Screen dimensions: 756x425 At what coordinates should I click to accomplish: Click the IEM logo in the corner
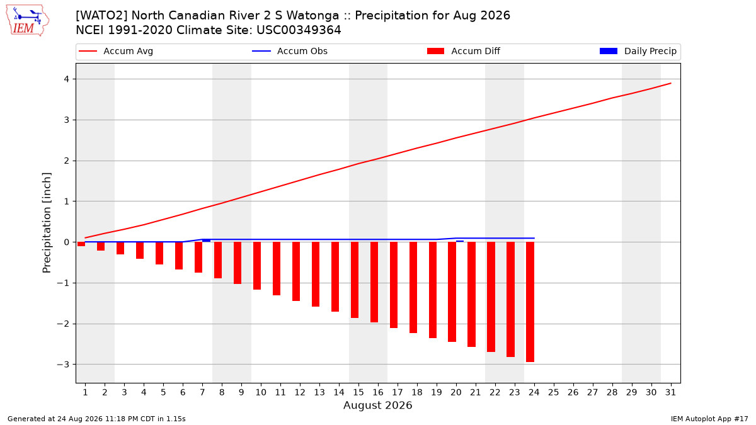(x=28, y=21)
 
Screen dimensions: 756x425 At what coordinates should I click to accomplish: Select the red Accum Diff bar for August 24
(x=530, y=302)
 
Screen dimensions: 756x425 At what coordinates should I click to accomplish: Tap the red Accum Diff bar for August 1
(x=81, y=244)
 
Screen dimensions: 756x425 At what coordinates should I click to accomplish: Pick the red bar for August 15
(x=354, y=280)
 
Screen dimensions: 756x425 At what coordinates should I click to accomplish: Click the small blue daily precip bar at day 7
(x=206, y=241)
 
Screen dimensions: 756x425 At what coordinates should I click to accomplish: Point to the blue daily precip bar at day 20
(x=460, y=241)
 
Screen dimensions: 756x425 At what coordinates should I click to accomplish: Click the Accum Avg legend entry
(x=116, y=51)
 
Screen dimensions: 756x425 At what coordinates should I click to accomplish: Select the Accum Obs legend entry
(x=290, y=51)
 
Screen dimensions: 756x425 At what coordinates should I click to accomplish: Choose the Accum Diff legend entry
(x=464, y=51)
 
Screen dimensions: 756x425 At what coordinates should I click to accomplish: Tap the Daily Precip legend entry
(x=638, y=51)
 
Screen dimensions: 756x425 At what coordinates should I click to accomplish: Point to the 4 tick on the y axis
(x=67, y=79)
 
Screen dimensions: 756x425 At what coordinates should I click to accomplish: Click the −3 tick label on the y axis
(x=63, y=365)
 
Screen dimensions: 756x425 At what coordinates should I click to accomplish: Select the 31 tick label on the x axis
(x=670, y=392)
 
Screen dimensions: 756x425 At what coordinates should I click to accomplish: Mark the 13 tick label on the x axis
(x=319, y=392)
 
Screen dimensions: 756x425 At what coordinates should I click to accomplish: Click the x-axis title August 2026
(x=377, y=405)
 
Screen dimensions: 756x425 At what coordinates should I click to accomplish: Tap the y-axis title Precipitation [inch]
(x=47, y=223)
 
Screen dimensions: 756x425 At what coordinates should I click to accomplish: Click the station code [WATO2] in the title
(x=101, y=16)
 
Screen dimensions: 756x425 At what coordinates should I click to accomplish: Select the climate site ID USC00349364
(x=299, y=30)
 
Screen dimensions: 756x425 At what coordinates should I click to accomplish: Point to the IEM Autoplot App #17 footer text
(x=709, y=419)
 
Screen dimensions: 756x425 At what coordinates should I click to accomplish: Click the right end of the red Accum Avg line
(x=670, y=83)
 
